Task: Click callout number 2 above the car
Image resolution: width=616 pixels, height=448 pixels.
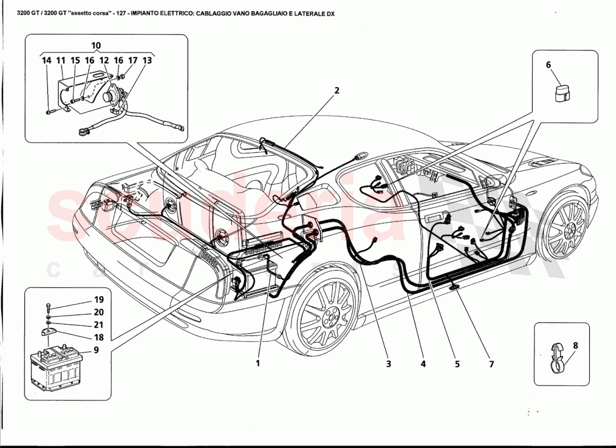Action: click(x=337, y=90)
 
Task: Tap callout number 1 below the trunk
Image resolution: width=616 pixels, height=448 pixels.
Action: click(x=258, y=363)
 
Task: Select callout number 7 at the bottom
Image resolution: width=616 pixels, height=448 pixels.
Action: click(x=491, y=364)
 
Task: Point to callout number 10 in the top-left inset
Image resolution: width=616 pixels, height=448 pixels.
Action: click(x=96, y=45)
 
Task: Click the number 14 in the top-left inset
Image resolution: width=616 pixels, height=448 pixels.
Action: click(x=46, y=60)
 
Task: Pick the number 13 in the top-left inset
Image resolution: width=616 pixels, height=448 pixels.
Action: click(x=147, y=60)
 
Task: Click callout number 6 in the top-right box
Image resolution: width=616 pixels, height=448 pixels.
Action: click(x=548, y=65)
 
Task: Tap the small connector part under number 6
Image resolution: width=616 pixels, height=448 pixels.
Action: click(x=561, y=94)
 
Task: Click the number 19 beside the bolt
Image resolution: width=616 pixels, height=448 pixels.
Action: click(x=99, y=300)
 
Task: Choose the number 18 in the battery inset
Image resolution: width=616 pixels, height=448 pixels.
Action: click(x=99, y=338)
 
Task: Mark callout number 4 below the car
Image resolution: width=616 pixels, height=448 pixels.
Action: click(x=423, y=364)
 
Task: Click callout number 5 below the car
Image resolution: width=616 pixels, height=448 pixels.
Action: click(x=457, y=364)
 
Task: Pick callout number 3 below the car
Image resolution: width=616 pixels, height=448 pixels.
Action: click(x=388, y=364)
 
